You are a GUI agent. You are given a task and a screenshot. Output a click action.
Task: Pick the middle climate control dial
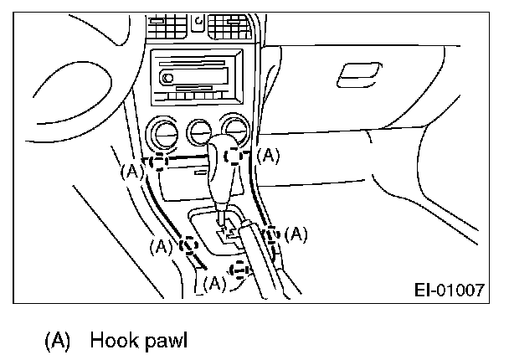199,131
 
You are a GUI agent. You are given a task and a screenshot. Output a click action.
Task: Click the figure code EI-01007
450,291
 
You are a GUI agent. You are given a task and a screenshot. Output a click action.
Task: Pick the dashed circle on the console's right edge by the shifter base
271,235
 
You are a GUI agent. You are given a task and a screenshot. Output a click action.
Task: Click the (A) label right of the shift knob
268,155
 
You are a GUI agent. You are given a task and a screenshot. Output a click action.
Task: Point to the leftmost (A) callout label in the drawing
131,171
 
